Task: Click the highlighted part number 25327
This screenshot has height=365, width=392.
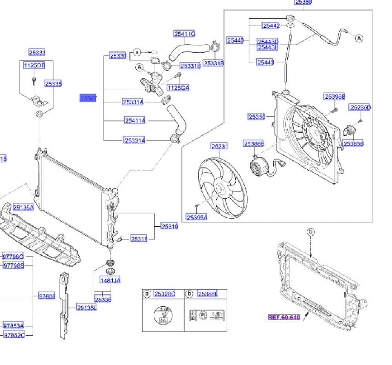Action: click(88, 98)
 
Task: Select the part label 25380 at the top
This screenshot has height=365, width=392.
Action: click(303, 2)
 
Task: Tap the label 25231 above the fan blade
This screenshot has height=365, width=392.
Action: click(220, 146)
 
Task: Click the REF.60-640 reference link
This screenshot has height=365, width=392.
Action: click(284, 317)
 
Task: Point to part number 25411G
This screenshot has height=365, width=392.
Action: click(185, 34)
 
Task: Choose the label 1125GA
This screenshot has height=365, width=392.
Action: click(178, 88)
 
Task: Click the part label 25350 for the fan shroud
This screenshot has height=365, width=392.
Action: click(257, 116)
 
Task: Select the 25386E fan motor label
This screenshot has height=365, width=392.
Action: click(254, 144)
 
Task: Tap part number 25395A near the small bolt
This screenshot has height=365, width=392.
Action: click(197, 217)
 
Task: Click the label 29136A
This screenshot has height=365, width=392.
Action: click(23, 207)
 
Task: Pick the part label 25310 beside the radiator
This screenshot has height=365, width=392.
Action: click(170, 226)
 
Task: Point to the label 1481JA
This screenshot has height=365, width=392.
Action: click(110, 280)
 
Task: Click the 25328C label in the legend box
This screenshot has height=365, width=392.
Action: click(164, 294)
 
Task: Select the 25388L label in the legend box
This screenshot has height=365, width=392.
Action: click(207, 294)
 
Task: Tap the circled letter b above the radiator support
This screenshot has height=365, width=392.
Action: click(310, 232)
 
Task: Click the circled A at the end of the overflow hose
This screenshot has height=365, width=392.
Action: click(359, 38)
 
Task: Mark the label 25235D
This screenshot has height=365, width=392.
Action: click(360, 107)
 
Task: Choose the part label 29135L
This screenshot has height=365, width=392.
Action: click(86, 308)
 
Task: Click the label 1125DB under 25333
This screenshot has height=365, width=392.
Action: click(34, 65)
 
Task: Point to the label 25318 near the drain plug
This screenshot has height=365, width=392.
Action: click(139, 239)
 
